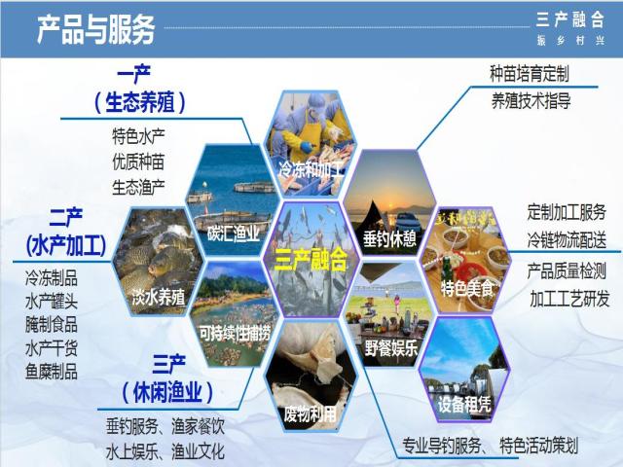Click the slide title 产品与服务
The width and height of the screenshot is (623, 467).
[x=95, y=29]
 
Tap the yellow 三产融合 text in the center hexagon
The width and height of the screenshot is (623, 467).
[x=311, y=260]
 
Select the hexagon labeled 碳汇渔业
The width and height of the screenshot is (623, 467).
[x=233, y=199]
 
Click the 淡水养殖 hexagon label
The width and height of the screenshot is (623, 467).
[x=159, y=296]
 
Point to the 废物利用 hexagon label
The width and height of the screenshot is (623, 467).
[x=311, y=414]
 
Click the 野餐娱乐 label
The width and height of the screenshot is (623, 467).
[x=391, y=348]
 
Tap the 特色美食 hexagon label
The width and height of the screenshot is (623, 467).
[x=467, y=288]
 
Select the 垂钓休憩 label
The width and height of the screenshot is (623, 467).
[x=389, y=238]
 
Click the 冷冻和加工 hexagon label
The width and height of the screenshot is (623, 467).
[x=311, y=169]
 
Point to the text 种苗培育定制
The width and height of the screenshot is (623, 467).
[x=530, y=74]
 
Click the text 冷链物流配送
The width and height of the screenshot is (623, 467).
[x=567, y=240]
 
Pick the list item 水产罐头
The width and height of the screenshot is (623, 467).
[x=52, y=302]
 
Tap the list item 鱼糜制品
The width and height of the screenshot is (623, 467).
[x=52, y=372]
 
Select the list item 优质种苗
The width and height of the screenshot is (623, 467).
[x=138, y=162]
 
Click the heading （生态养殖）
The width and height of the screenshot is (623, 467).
[x=139, y=102]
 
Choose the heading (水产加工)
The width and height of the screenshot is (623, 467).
[x=66, y=246]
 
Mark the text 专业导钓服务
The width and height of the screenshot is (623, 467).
[x=442, y=446]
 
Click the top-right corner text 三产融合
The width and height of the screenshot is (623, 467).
[x=570, y=19]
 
